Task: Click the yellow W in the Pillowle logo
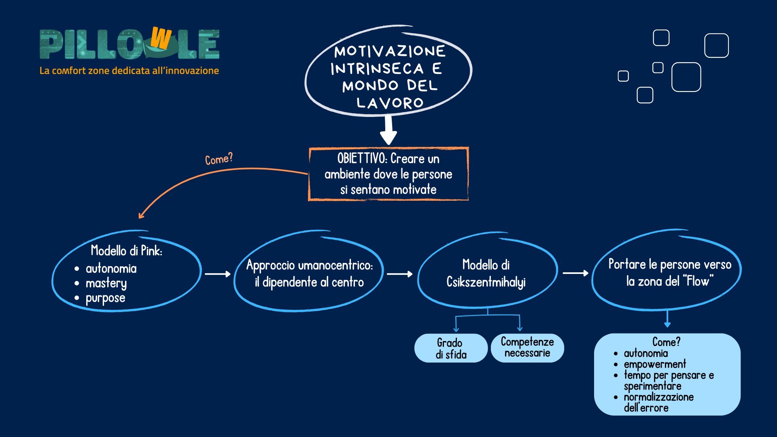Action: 161,38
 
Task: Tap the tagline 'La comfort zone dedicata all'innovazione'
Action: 129,70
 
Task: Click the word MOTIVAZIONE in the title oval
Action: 390,51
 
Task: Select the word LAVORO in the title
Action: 390,103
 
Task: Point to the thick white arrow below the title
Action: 388,130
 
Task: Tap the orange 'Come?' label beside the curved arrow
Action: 219,159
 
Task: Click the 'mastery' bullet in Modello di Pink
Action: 106,283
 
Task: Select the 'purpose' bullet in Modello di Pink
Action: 105,298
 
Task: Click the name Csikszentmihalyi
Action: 486,282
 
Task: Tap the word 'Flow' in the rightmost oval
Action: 698,281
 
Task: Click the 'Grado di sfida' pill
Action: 451,348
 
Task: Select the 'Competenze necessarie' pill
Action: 527,348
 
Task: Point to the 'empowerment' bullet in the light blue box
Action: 655,364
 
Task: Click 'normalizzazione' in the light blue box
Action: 659,397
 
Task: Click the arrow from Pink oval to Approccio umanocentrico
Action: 218,274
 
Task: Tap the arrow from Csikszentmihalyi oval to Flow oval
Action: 575,273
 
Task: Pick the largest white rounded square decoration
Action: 686,77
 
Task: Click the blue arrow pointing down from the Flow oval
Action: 667,318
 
